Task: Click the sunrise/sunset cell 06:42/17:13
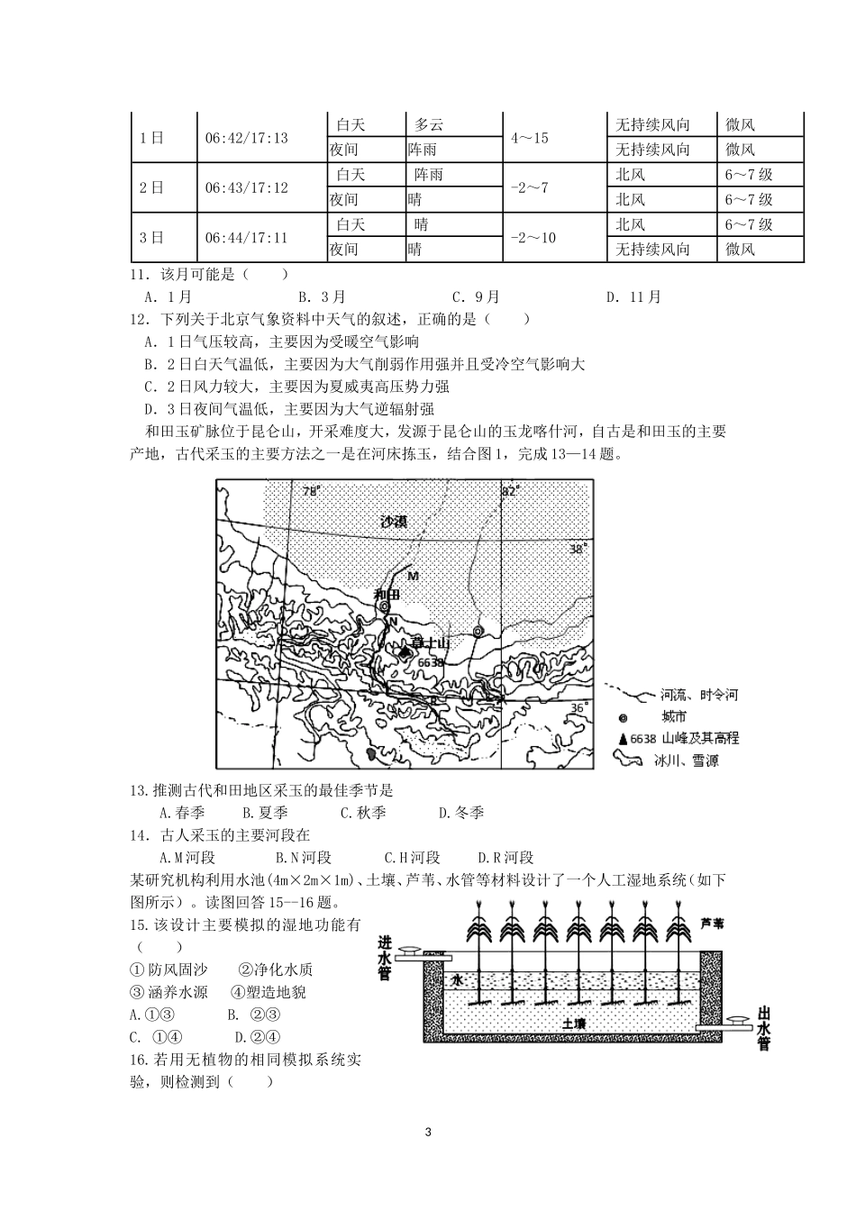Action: point(246,138)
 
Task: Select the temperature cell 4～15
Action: point(529,138)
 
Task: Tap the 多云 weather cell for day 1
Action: point(429,125)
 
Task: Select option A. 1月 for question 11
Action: point(168,296)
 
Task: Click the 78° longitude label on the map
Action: point(311,492)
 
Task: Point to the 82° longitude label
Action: point(511,492)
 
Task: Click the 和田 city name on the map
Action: point(386,594)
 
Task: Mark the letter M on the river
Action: point(414,576)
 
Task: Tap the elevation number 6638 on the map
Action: point(431,662)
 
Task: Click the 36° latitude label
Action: point(578,708)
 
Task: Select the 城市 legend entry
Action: point(674,717)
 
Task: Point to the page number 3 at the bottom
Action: point(428,1132)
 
